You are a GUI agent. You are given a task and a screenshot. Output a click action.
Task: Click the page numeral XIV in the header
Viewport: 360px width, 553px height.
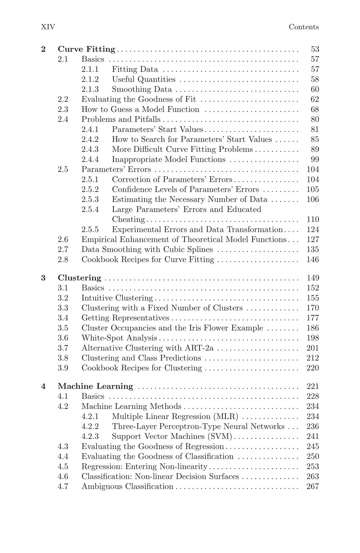tap(48, 27)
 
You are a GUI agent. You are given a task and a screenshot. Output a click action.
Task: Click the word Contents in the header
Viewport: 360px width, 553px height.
tap(304, 27)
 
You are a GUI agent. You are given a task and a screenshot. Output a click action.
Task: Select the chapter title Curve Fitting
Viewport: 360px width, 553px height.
tap(86, 49)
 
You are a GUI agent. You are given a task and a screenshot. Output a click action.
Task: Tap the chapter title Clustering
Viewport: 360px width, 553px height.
tap(79, 278)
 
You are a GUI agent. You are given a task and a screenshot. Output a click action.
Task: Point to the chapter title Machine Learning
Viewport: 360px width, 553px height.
tap(95, 386)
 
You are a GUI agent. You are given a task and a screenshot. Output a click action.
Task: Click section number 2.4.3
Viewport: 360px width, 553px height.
tap(90, 150)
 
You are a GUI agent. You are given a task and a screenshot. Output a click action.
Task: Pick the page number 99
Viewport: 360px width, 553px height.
tap(315, 160)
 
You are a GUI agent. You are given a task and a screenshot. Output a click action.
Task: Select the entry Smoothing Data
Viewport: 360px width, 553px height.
tap(142, 89)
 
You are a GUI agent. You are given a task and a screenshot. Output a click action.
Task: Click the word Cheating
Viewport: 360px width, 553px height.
tap(128, 220)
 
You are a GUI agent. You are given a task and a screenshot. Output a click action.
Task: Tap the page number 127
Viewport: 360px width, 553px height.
tap(313, 239)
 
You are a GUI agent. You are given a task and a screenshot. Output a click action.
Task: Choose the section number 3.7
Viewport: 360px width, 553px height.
tap(63, 348)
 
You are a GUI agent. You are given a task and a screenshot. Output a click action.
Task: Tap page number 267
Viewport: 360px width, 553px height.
tap(313, 486)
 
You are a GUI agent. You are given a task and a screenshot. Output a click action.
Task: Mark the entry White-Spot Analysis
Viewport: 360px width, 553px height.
tap(119, 338)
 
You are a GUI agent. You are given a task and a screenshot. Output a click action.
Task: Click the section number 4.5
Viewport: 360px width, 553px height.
tap(63, 466)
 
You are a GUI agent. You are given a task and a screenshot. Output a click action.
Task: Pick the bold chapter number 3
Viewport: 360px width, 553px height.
tap(43, 278)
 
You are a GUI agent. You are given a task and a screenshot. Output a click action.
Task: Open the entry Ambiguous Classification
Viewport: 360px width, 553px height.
tap(127, 486)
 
